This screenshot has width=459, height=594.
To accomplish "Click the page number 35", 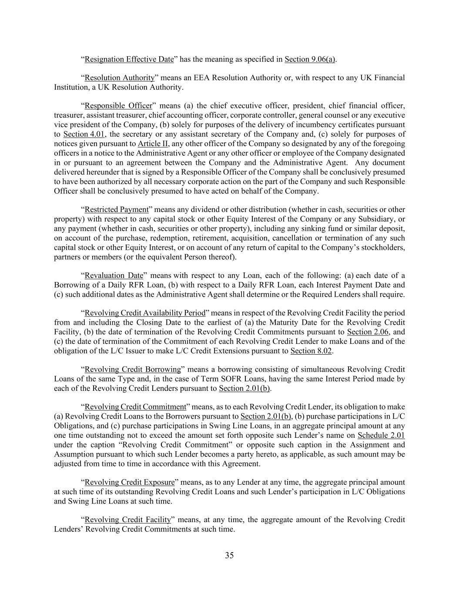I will click(x=229, y=555).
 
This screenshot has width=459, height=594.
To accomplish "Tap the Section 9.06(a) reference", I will click(x=310, y=59).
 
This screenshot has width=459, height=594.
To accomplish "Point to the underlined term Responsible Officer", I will click(x=118, y=106).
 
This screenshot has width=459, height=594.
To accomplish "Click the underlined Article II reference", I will click(x=153, y=144).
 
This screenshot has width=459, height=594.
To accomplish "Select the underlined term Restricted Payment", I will click(x=117, y=210).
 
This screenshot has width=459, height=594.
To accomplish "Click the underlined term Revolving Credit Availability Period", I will click(x=145, y=313).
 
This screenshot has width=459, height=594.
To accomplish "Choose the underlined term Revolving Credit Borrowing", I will click(x=133, y=369).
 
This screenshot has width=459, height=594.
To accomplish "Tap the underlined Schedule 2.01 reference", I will click(x=381, y=436).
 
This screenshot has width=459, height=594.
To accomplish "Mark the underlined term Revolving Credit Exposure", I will click(x=130, y=483).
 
